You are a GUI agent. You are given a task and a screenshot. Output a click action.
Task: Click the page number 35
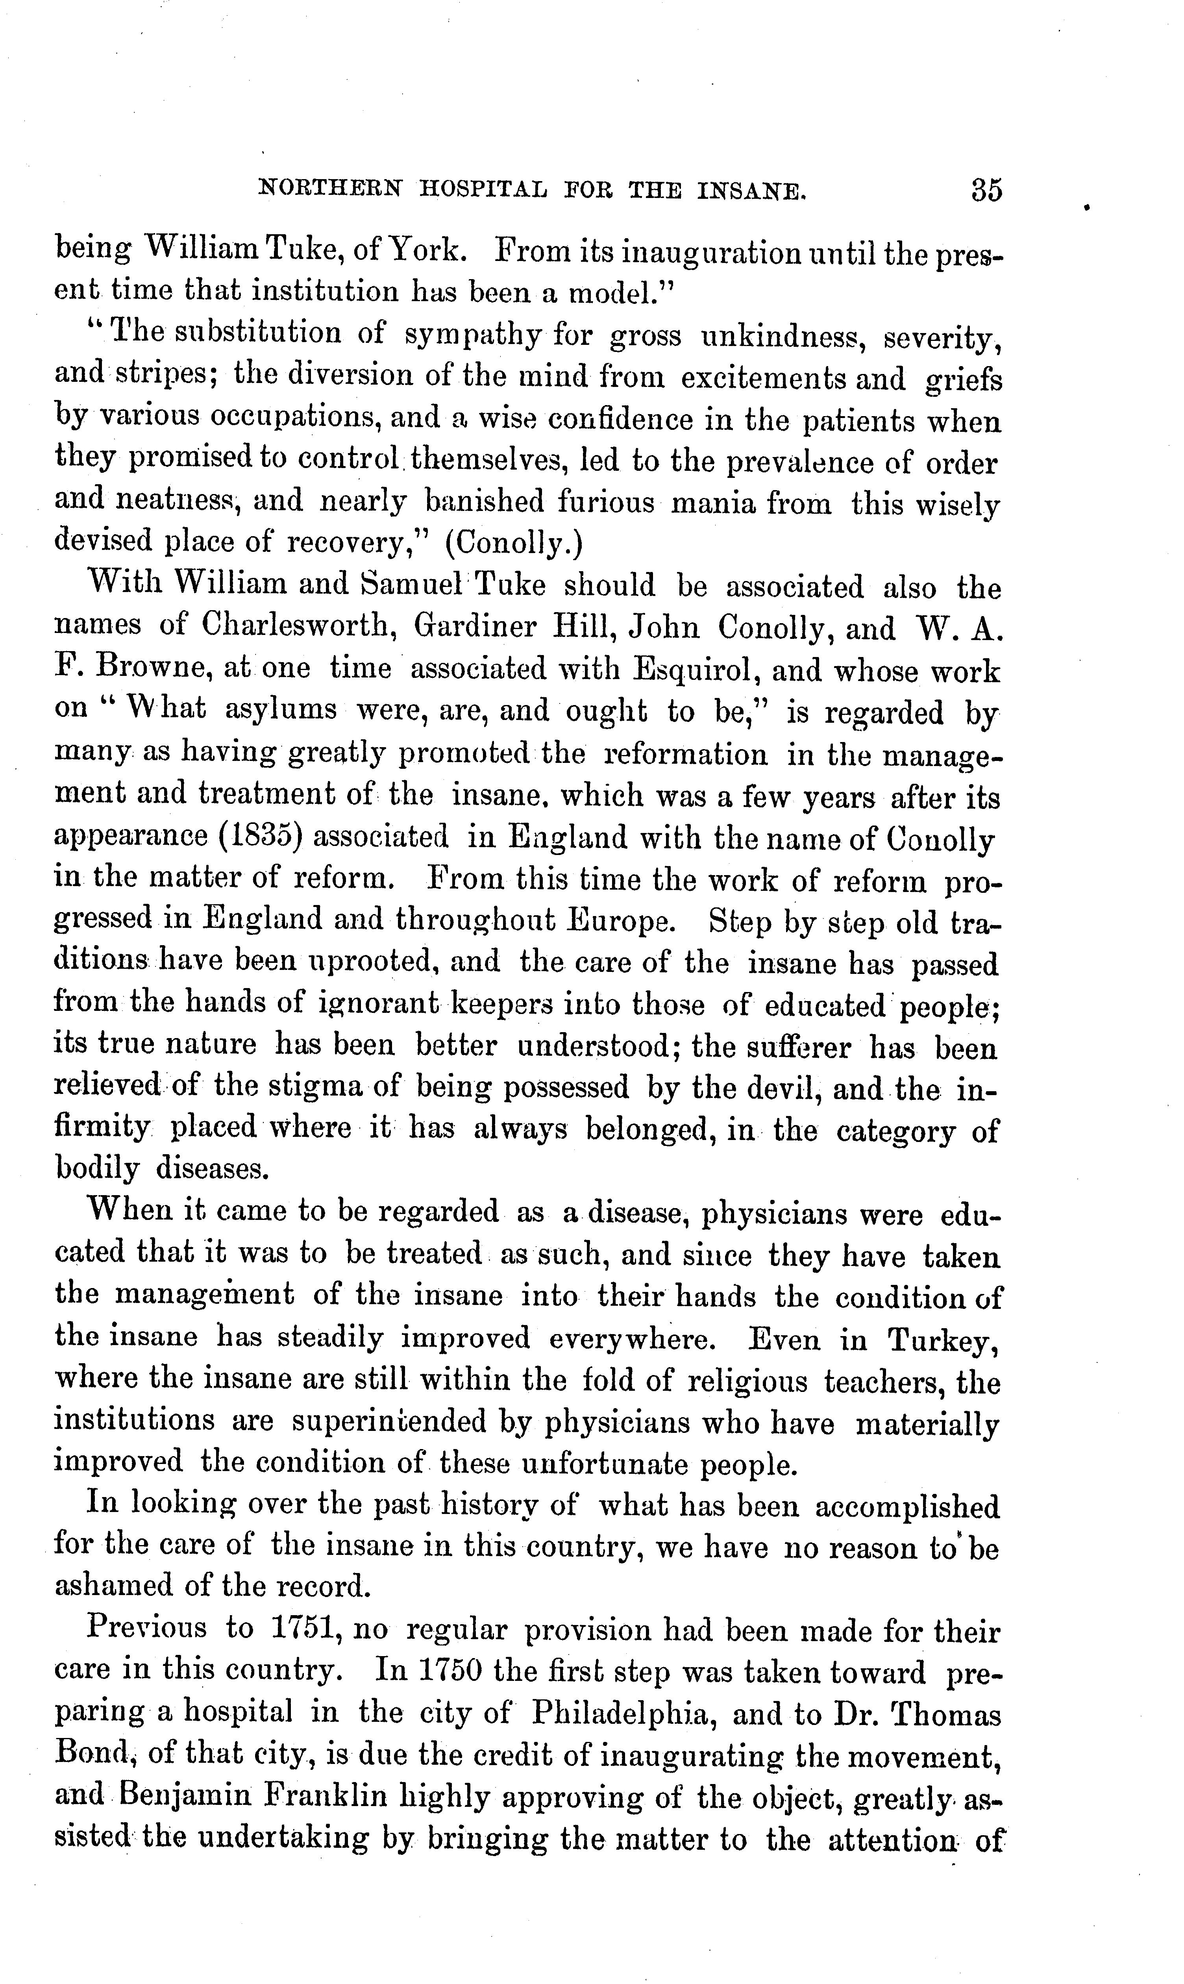coord(986,191)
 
